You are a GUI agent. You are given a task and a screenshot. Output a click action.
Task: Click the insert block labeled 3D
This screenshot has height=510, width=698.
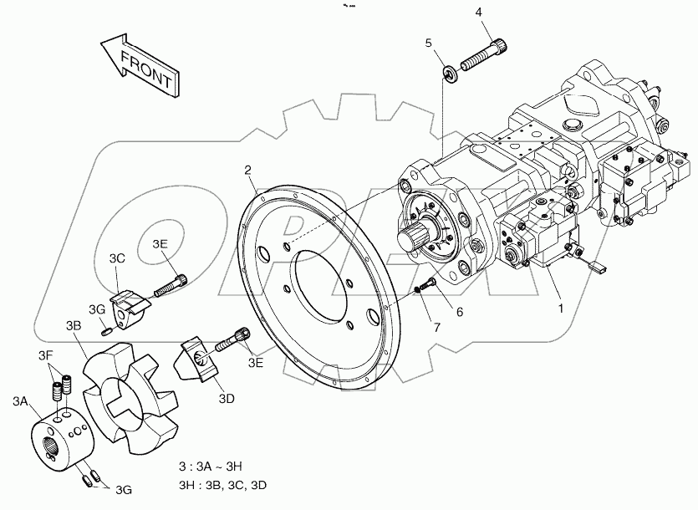tap(201, 359)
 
